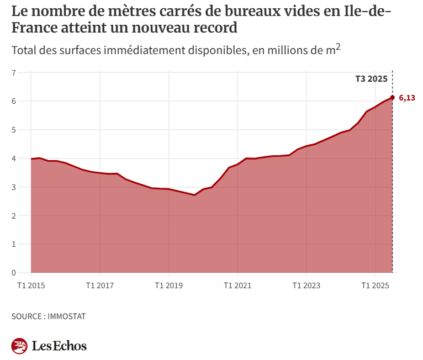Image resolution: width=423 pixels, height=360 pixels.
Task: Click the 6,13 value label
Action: (x=406, y=98)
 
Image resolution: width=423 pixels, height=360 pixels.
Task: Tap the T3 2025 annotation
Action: (x=371, y=79)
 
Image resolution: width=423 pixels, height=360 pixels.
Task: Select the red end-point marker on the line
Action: (x=392, y=98)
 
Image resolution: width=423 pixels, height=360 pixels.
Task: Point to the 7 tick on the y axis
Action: (x=14, y=73)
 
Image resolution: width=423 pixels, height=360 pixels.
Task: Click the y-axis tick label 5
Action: (x=14, y=130)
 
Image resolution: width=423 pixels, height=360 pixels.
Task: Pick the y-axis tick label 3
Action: (x=14, y=187)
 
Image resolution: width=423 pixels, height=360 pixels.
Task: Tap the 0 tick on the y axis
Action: (x=14, y=273)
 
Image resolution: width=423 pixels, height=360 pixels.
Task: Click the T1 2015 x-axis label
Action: (x=31, y=286)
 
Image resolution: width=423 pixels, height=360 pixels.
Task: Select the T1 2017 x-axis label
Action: (x=99, y=286)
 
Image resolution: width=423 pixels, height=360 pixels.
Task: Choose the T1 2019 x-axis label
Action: (x=168, y=286)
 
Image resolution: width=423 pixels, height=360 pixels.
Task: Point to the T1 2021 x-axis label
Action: (x=237, y=286)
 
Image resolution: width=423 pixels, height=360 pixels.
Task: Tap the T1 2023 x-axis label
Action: (x=306, y=286)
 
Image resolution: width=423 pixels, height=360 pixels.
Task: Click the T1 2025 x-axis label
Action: (x=375, y=286)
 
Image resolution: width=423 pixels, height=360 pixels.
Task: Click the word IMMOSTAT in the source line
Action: (x=67, y=316)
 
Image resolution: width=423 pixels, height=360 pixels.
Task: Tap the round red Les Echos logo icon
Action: (x=19, y=346)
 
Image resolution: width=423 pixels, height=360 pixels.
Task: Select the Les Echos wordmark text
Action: (x=59, y=346)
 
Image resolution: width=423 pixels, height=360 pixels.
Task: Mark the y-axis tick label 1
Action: (x=14, y=244)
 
